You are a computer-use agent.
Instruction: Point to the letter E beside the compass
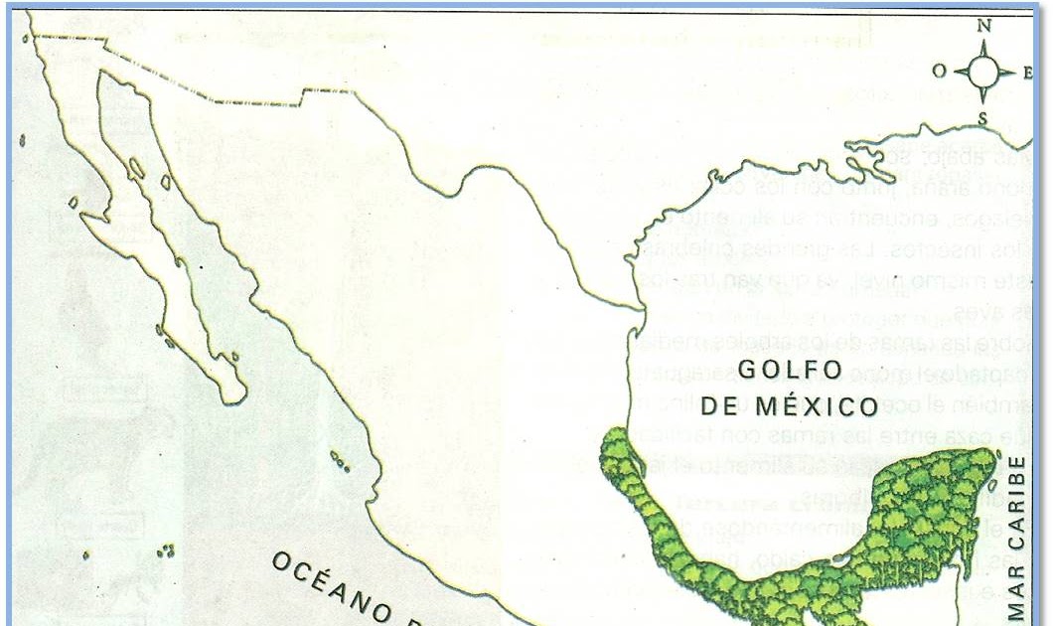tap(1027, 73)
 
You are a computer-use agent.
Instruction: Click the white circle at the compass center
tap(983, 72)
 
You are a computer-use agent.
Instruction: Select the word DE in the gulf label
tap(717, 406)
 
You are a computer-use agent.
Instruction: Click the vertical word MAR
tap(1016, 592)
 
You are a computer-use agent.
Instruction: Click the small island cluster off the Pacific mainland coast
tap(340, 461)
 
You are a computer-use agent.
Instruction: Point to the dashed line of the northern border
tap(248, 96)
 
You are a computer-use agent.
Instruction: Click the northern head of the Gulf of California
tap(106, 78)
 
